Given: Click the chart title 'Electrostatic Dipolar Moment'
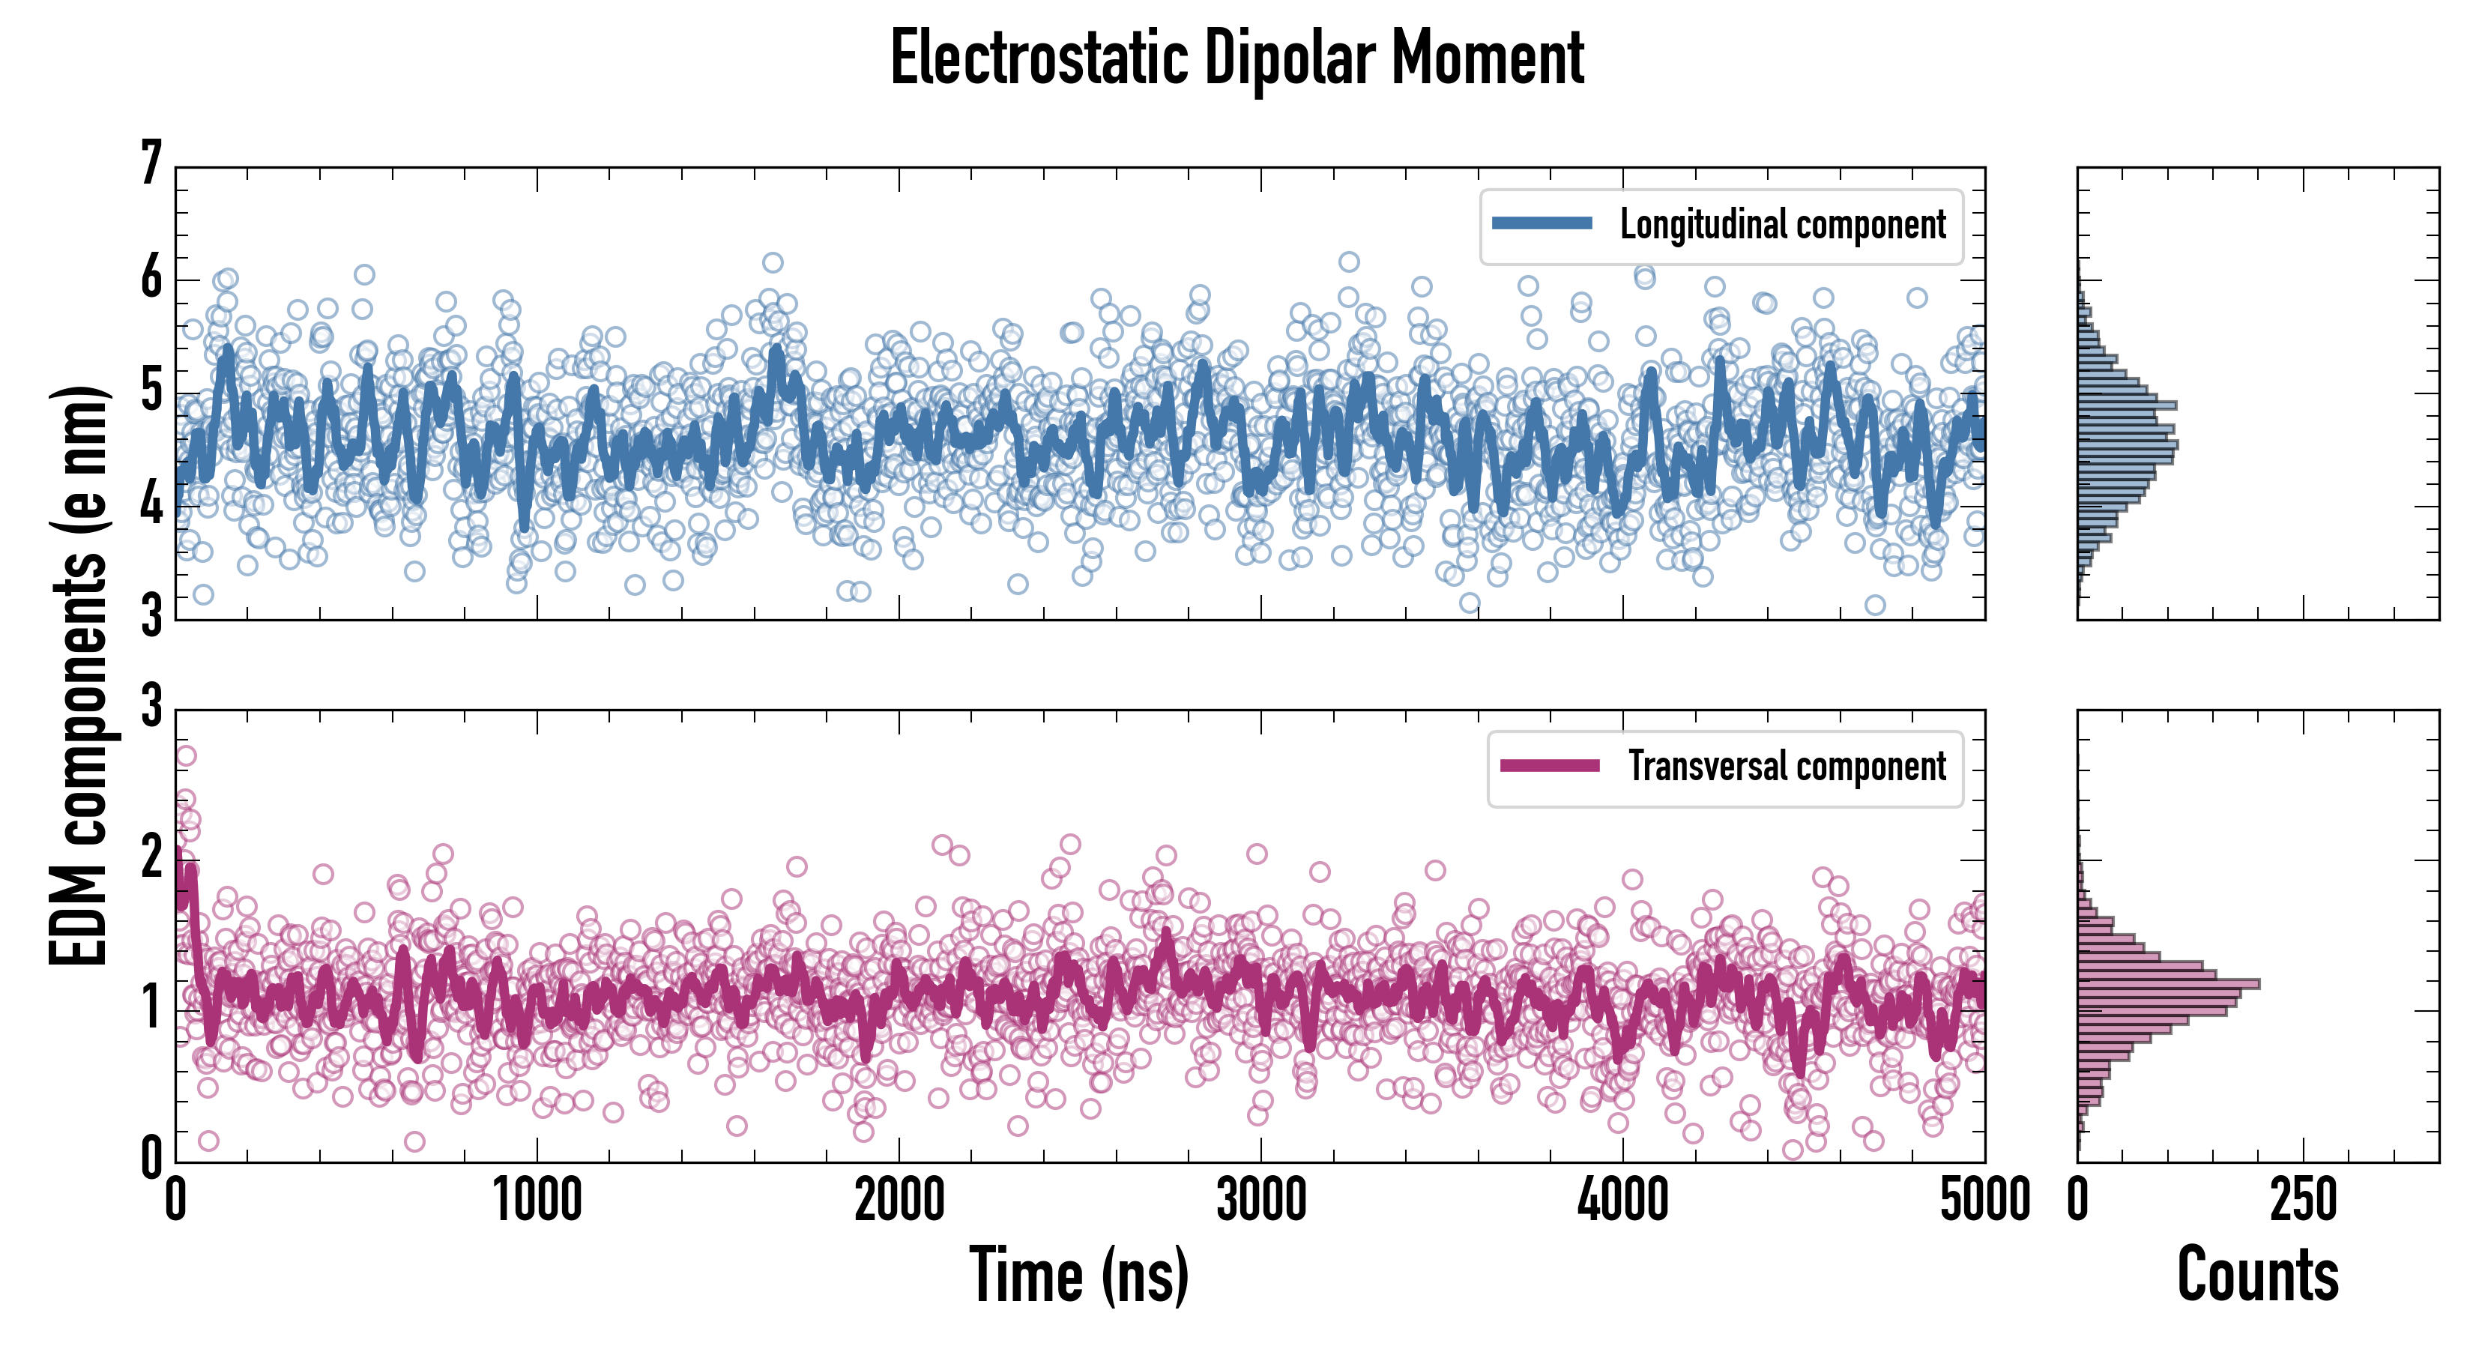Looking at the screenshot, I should pos(1236,58).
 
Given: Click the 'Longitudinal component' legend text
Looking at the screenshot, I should pos(1783,225).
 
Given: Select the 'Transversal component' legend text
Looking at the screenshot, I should pos(1787,766).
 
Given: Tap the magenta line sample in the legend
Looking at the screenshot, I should pos(1550,766).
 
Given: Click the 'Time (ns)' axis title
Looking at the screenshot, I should pos(1079,1275).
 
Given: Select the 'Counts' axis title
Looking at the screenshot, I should pos(2257,1275).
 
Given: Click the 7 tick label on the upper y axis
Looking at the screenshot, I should pos(151,163).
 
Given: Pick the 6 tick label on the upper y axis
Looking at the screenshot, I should pos(151,279).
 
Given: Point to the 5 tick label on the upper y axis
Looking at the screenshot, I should pos(151,392).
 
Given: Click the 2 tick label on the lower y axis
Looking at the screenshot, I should pos(151,857).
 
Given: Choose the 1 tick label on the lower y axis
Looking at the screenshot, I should pos(151,1008).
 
